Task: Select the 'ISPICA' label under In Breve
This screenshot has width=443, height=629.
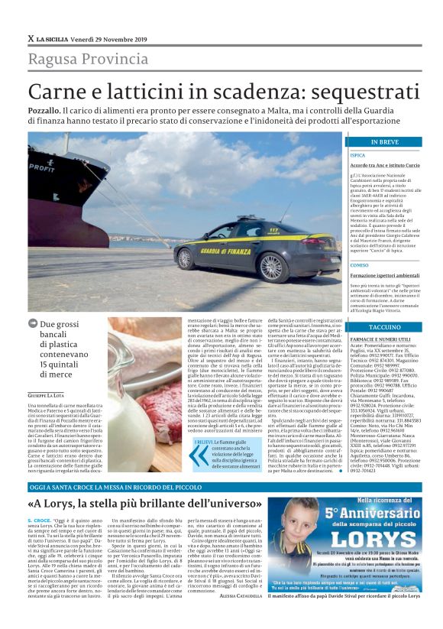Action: [357, 154]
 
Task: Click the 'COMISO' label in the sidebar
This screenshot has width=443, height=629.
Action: [358, 265]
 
